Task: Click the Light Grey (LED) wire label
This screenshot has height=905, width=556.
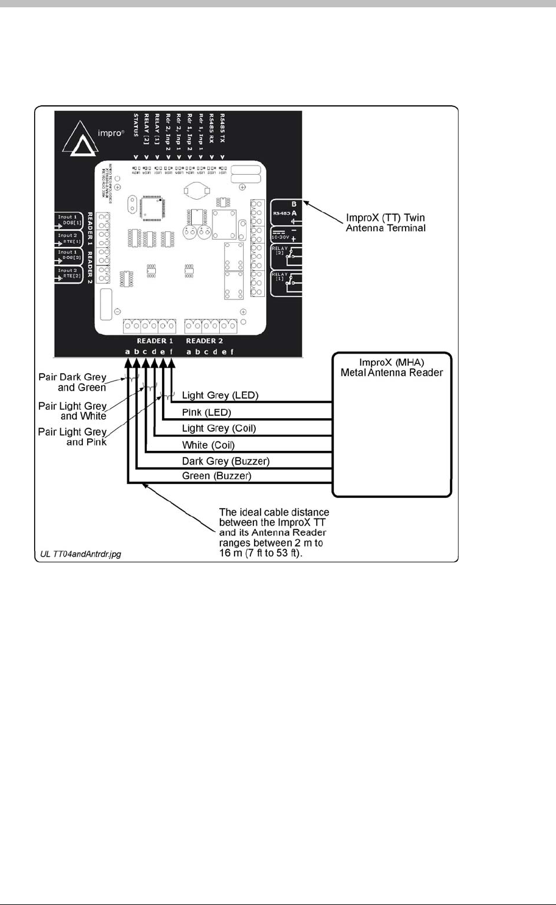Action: pyautogui.click(x=220, y=396)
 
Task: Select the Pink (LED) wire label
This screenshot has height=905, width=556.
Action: pyautogui.click(x=206, y=412)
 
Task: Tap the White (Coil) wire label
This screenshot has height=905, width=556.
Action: pyautogui.click(x=208, y=445)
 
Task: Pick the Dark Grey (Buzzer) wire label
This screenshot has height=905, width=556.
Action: pyautogui.click(x=225, y=461)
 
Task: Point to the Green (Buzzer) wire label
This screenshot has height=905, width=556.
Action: pyautogui.click(x=216, y=477)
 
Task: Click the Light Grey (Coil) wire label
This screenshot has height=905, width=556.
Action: pyautogui.click(x=219, y=428)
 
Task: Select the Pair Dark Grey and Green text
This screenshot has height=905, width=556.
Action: pyautogui.click(x=72, y=382)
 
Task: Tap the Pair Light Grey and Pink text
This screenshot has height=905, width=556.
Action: pyautogui.click(x=73, y=436)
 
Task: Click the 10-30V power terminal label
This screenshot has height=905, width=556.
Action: pyautogui.click(x=279, y=236)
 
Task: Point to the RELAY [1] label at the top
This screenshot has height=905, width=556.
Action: pyautogui.click(x=157, y=127)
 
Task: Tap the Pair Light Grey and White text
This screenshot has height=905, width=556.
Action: pyautogui.click(x=73, y=411)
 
